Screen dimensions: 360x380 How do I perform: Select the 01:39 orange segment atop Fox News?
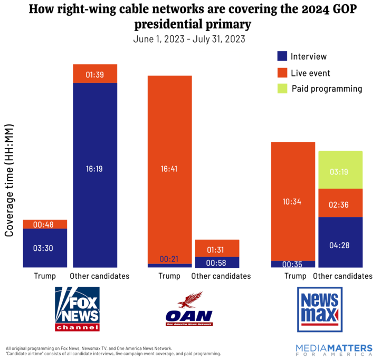95,74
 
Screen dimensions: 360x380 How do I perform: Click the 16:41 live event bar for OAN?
169,170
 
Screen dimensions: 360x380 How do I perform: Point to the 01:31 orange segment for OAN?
217,248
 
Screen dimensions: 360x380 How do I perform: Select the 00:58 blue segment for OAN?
217,262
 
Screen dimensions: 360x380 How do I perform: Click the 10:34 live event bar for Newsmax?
293,201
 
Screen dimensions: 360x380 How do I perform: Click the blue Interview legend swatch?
282,56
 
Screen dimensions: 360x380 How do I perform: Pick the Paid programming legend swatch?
282,89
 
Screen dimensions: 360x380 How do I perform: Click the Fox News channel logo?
77,309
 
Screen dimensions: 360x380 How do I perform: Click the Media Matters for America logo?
334,350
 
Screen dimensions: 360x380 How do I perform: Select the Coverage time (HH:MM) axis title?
9,180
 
